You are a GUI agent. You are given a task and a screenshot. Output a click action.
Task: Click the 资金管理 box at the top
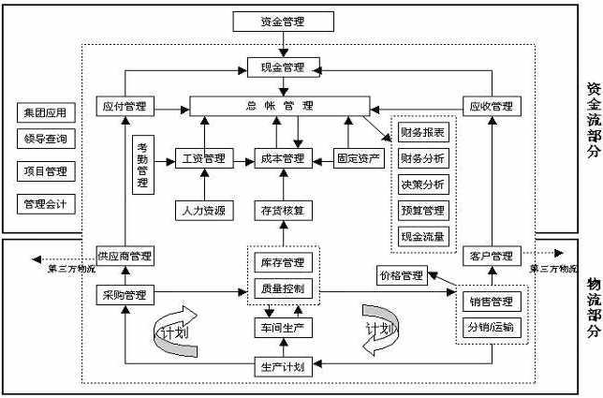[282, 20]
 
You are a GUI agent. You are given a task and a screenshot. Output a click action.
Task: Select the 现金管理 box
[282, 67]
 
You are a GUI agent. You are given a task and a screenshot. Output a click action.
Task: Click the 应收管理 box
[491, 106]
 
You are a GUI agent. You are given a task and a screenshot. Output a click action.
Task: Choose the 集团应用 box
[45, 113]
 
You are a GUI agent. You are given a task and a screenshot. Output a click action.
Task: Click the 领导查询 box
[45, 140]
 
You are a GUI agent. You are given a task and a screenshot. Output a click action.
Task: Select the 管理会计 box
[45, 203]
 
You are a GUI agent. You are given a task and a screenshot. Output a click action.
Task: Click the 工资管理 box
[203, 158]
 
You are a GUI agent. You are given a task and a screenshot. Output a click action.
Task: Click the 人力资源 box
[203, 208]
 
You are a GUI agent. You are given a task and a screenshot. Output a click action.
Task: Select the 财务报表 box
[422, 132]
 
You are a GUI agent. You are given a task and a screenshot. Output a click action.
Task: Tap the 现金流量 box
[422, 235]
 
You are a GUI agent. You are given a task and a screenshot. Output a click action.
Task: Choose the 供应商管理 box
[124, 256]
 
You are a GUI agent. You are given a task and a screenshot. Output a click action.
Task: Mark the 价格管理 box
[401, 276]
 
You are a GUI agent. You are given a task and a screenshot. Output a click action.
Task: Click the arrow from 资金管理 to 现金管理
[282, 43]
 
